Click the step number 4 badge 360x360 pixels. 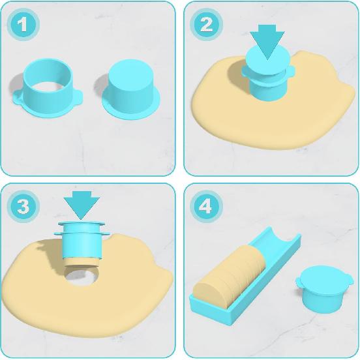pyautogui.click(x=205, y=207)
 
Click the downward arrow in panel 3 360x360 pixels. pyautogui.click(x=82, y=203)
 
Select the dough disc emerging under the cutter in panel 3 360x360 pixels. pyautogui.click(x=81, y=263)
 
